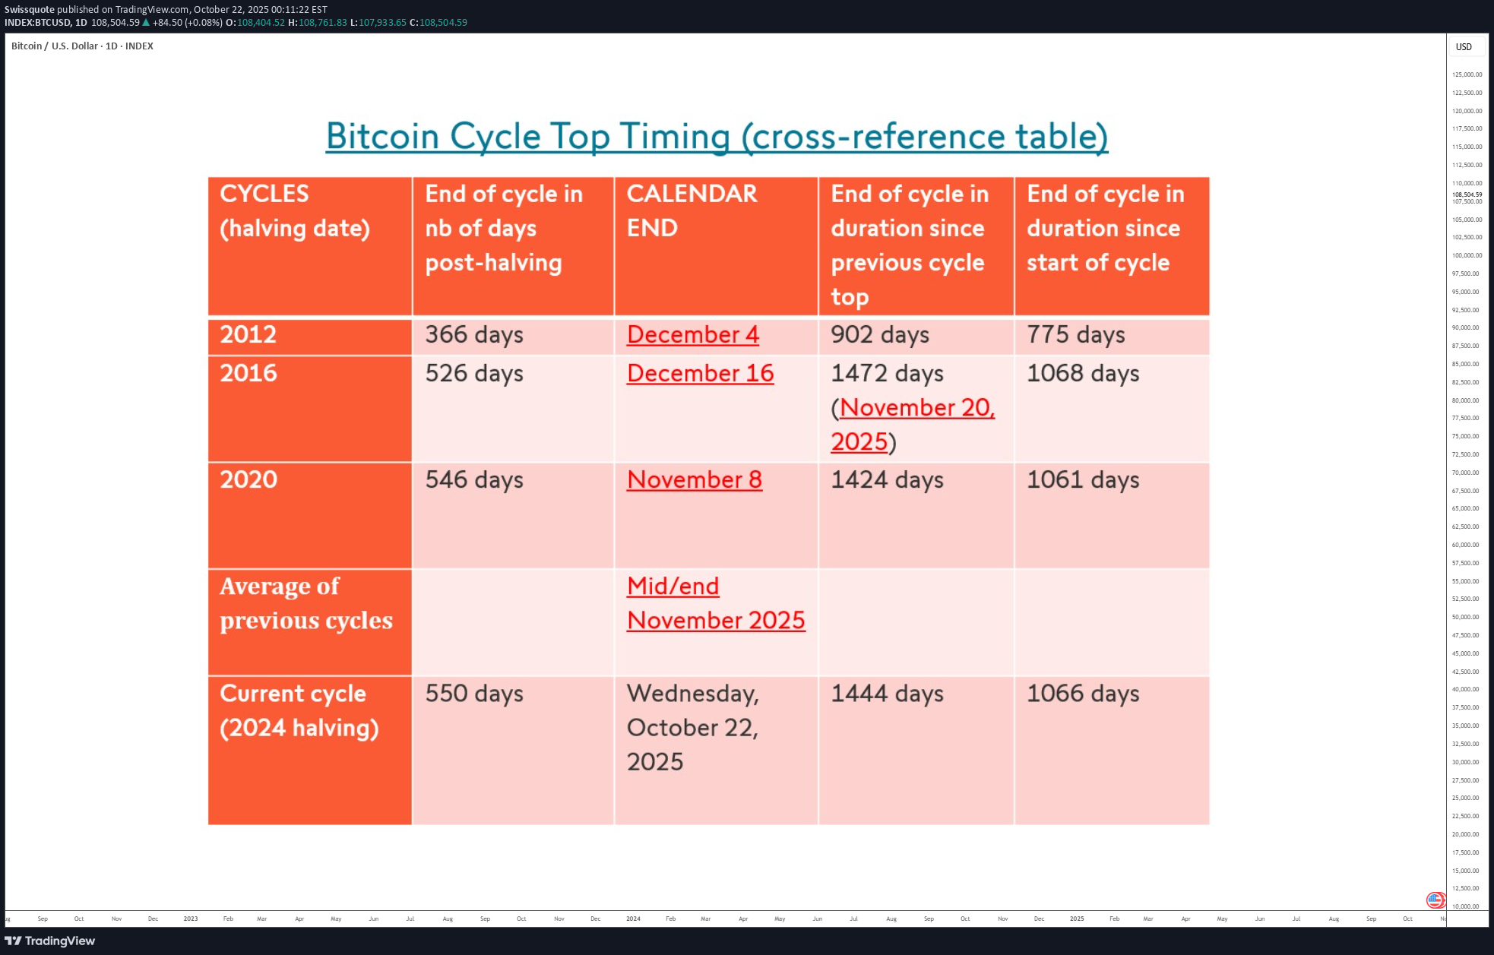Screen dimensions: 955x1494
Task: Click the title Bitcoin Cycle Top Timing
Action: [716, 137]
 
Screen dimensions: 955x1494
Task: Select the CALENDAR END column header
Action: [692, 210]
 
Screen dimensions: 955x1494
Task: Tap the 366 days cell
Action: [474, 335]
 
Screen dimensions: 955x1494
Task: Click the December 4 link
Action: [692, 335]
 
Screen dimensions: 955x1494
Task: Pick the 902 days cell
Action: [879, 335]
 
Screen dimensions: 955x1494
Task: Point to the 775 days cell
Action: [1075, 335]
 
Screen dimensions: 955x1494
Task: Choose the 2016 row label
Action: [248, 373]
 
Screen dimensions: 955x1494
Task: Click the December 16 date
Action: [700, 374]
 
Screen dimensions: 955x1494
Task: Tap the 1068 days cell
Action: [1083, 374]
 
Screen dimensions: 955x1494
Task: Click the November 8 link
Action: [694, 480]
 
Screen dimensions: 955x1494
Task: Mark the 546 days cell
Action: [474, 480]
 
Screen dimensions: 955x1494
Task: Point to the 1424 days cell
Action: [887, 480]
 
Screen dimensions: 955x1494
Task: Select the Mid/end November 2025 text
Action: [715, 603]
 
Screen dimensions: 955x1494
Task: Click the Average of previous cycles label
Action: [305, 603]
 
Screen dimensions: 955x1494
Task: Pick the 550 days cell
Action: [474, 694]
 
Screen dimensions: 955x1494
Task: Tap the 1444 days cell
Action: [887, 694]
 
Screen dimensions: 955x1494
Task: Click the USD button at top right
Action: [1464, 47]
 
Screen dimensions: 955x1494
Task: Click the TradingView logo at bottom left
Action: [50, 941]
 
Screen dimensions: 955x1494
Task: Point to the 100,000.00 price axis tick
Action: [1467, 256]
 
